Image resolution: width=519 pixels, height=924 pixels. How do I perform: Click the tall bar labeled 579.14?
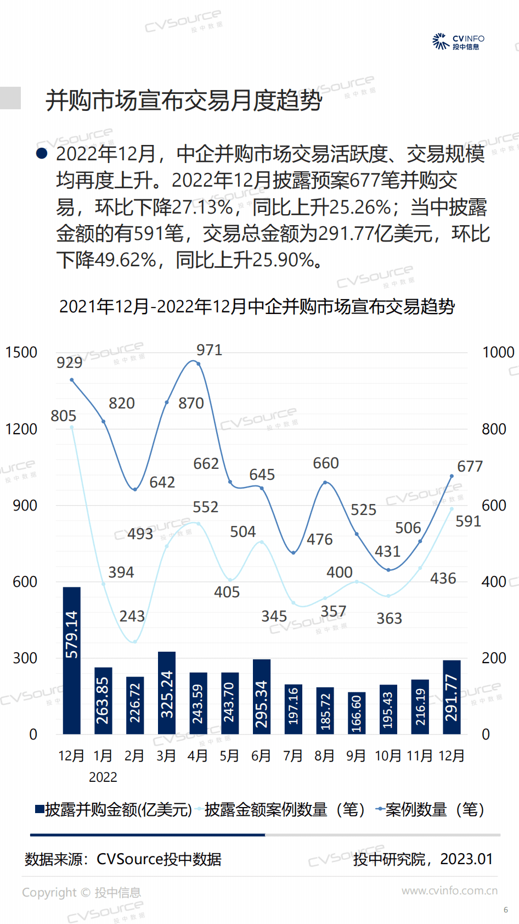[72, 660]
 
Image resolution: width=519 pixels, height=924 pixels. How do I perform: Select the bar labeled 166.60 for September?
[357, 713]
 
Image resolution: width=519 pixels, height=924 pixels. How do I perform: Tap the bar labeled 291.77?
[452, 697]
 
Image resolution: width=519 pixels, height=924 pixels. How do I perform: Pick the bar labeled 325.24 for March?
[167, 692]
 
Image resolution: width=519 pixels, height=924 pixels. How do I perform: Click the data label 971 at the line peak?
[209, 350]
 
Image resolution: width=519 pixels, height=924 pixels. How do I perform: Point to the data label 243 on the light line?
[132, 616]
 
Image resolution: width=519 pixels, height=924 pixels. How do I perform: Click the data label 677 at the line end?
[470, 466]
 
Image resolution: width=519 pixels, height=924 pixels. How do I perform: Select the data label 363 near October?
[389, 618]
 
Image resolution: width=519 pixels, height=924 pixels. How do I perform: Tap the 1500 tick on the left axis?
[21, 352]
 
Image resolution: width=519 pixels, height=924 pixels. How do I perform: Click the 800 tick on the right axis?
[494, 429]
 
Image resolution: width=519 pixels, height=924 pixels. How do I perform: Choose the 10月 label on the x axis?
[388, 756]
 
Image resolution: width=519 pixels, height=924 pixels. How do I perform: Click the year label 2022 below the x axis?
[103, 777]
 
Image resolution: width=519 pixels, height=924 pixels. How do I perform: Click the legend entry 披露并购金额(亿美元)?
[113, 809]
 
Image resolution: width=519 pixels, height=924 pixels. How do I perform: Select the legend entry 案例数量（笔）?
[430, 809]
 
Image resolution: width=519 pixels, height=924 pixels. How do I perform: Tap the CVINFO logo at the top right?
[459, 41]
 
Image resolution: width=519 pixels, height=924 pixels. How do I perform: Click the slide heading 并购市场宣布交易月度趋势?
[184, 100]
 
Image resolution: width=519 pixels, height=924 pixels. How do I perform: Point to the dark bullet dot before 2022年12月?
[42, 153]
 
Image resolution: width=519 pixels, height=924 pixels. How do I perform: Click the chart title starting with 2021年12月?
[257, 306]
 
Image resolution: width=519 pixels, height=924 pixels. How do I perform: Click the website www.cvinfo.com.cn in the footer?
[449, 891]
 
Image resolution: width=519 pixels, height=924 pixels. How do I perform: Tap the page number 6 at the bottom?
[505, 910]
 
